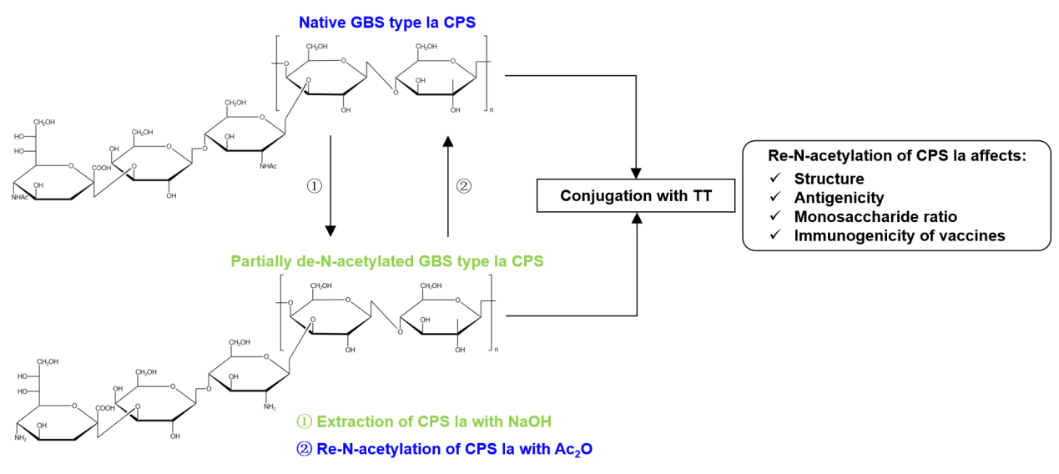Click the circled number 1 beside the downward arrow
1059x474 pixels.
click(x=314, y=186)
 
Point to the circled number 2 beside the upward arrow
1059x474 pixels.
click(x=465, y=186)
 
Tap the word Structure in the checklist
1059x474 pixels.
click(x=829, y=179)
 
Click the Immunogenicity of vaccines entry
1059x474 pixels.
click(x=900, y=236)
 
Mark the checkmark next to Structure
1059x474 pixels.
click(x=776, y=179)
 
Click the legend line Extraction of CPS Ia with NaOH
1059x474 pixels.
click(x=425, y=421)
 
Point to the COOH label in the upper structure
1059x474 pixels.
click(x=101, y=168)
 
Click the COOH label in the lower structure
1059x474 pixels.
click(x=104, y=408)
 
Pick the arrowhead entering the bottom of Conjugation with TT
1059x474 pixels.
click(x=637, y=218)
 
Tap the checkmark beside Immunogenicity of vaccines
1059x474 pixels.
click(x=776, y=236)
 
